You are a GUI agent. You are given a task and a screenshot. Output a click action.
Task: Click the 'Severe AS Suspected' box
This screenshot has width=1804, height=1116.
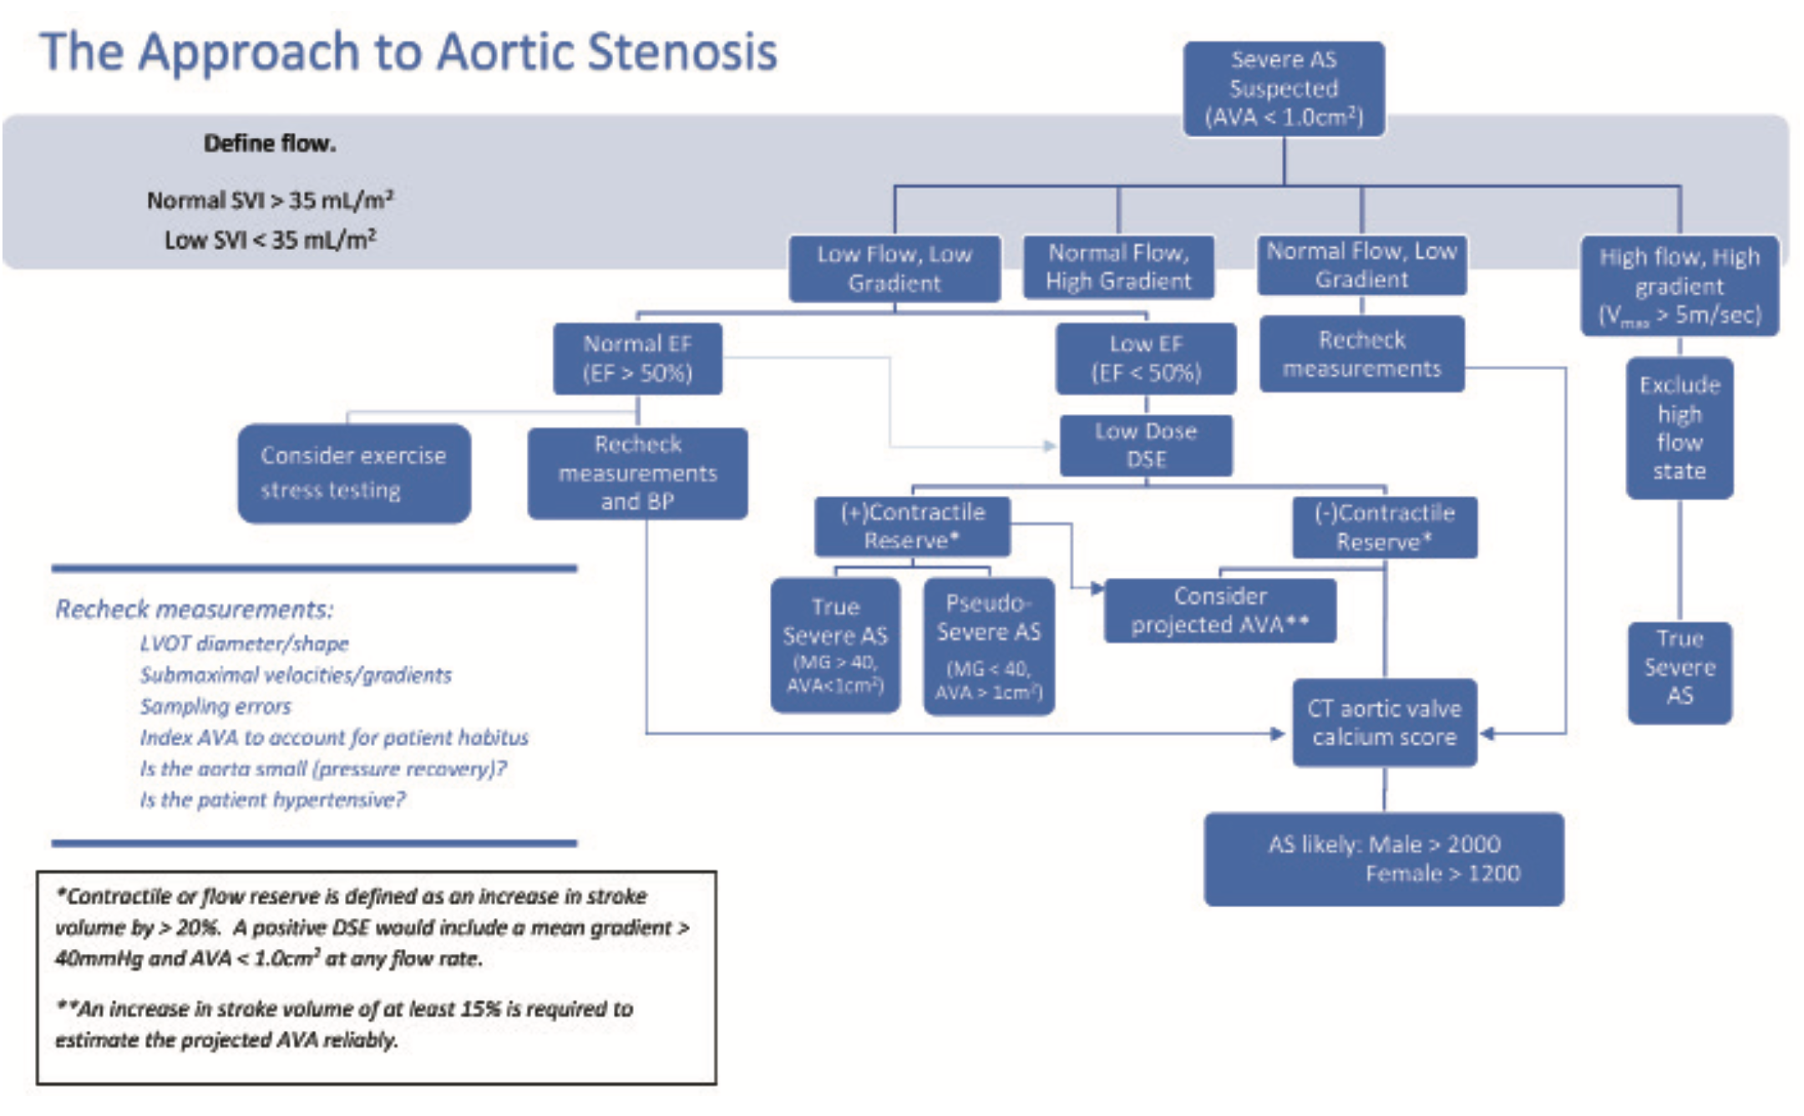[1284, 89]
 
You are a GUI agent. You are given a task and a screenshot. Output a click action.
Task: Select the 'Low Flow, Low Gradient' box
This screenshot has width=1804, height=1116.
[894, 268]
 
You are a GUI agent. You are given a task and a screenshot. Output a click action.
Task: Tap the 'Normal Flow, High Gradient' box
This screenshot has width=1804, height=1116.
[1118, 267]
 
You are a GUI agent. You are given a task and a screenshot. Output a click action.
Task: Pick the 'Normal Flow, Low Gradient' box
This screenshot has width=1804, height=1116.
[1361, 265]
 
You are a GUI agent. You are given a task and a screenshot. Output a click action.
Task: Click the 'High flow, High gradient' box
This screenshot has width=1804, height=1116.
[1680, 286]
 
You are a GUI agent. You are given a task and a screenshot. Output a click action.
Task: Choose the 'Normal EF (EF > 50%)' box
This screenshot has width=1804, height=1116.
[637, 358]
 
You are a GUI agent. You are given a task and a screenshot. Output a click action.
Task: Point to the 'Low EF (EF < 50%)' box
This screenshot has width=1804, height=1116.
[1146, 358]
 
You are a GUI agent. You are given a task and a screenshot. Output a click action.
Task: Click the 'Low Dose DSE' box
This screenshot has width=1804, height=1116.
[1146, 445]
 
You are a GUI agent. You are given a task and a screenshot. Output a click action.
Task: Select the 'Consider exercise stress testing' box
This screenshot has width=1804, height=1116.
[354, 473]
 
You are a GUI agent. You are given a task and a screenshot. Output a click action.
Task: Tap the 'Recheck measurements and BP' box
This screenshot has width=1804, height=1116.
[637, 473]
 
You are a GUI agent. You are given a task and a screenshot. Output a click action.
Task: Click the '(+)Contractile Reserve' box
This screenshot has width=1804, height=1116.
[913, 526]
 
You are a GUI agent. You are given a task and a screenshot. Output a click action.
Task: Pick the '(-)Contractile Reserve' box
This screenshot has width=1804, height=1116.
[1385, 527]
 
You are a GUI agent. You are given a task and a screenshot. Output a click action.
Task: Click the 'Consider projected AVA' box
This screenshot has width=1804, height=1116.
[1220, 611]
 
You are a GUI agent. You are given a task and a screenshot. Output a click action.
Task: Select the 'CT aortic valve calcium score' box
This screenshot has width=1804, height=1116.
[1385, 723]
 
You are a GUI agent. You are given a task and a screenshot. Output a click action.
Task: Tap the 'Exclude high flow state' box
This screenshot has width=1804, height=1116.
[1680, 428]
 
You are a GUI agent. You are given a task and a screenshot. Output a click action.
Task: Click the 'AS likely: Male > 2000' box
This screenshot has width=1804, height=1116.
[1384, 859]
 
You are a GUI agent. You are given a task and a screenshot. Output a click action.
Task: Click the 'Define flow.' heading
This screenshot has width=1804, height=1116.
[270, 144]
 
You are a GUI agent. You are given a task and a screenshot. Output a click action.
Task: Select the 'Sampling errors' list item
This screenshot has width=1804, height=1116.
[215, 707]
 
